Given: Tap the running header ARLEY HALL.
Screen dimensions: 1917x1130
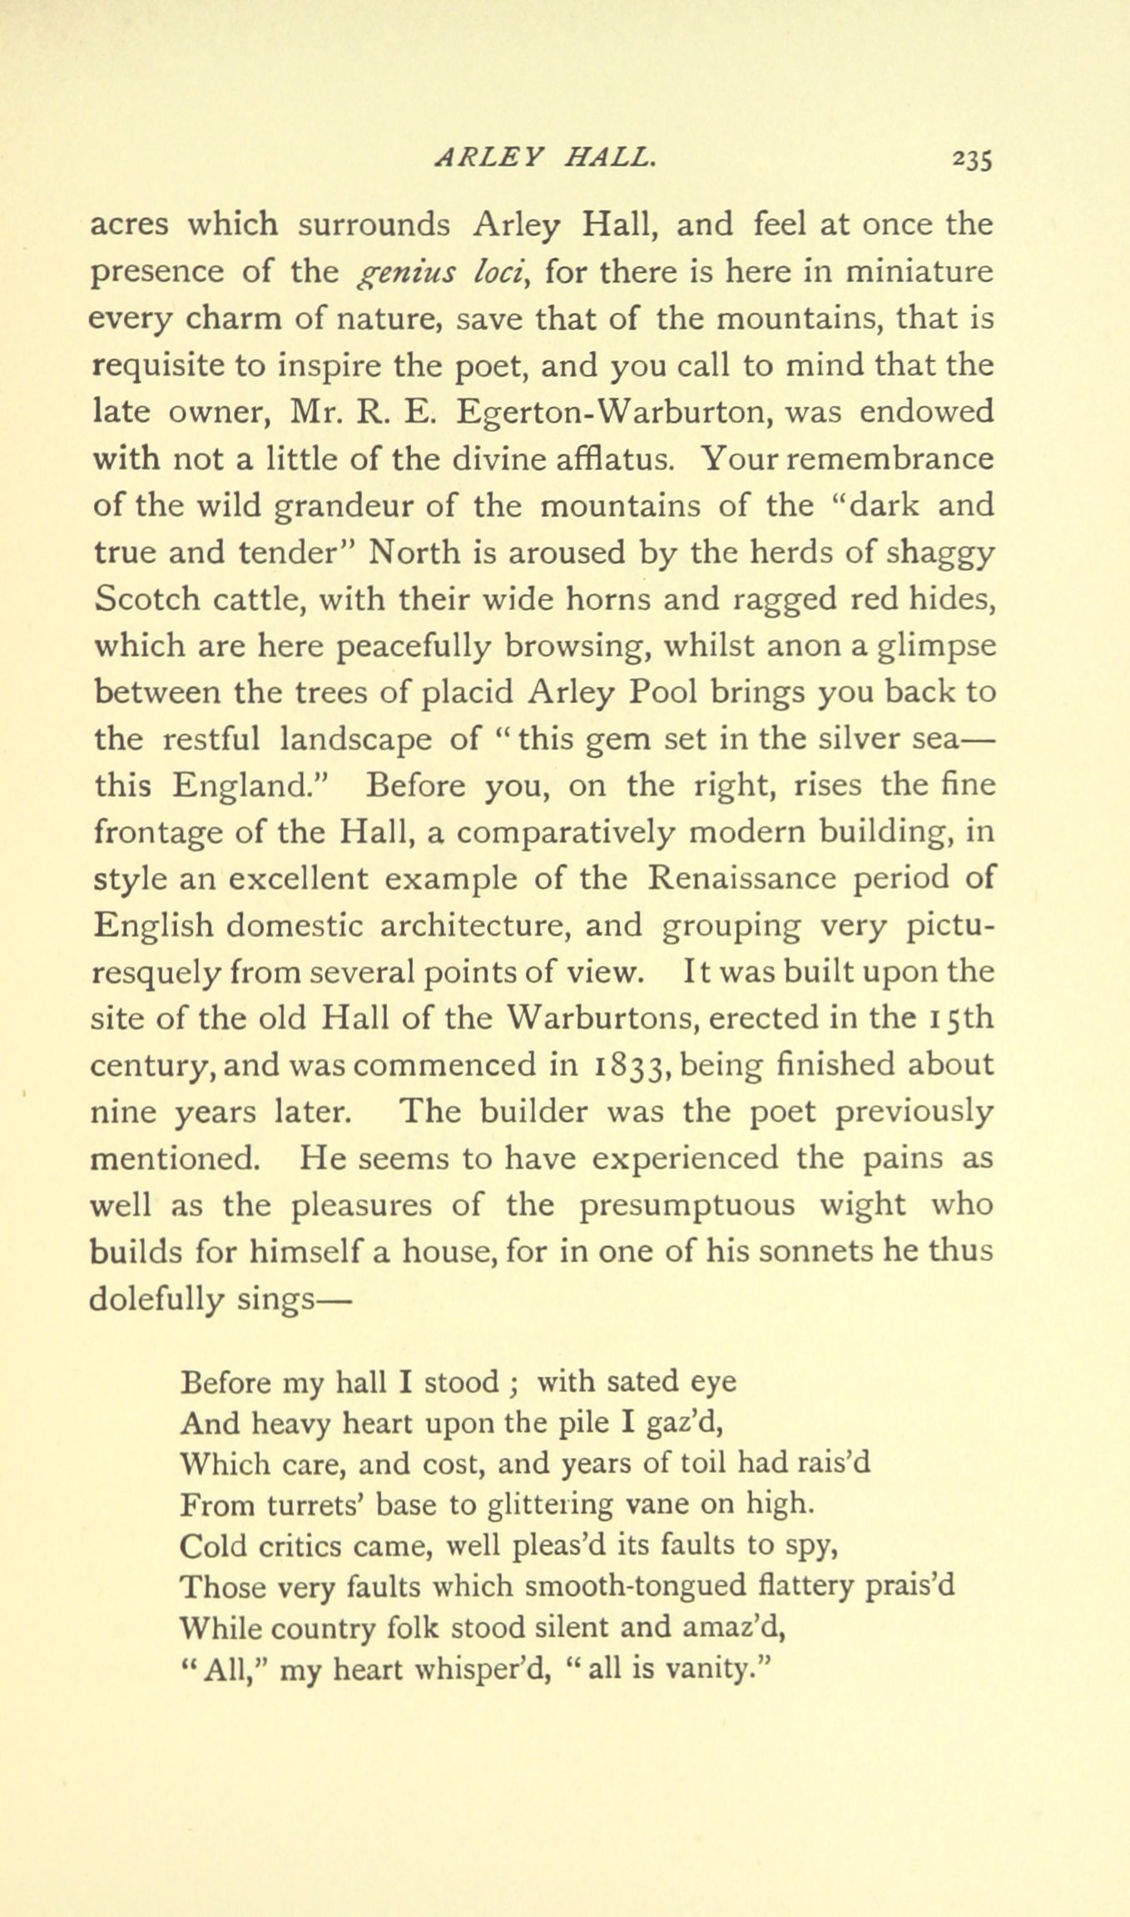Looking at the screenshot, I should tap(546, 156).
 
